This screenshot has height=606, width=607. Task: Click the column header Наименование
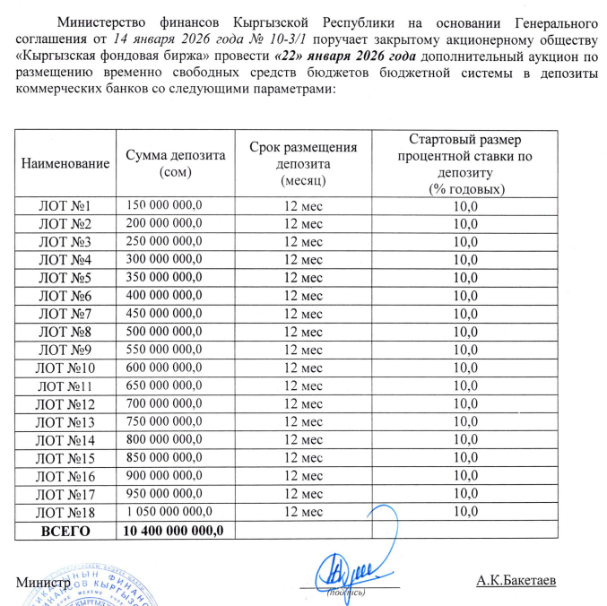click(65, 163)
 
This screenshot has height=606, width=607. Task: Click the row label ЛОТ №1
click(65, 206)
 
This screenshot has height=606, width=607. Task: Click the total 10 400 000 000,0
click(173, 530)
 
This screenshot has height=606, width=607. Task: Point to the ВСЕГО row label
click(65, 530)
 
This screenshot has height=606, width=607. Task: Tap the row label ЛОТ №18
click(65, 511)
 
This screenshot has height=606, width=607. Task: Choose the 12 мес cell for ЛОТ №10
click(301, 367)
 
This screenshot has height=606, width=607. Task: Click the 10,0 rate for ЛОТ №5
click(466, 278)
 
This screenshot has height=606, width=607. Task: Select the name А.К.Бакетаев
click(517, 580)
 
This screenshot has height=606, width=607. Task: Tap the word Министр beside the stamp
click(41, 581)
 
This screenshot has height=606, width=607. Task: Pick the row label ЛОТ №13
click(65, 421)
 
